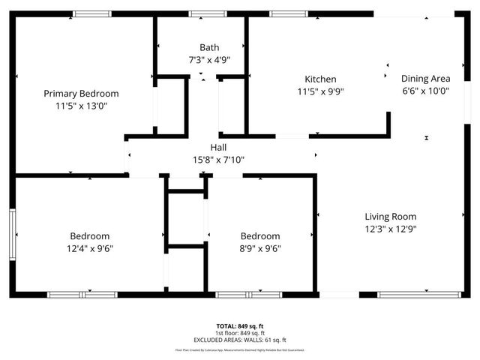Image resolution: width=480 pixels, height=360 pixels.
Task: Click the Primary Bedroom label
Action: pos(81,94)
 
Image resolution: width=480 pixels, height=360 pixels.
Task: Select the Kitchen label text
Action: pos(320,79)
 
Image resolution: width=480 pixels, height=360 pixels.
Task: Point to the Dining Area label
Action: pos(425,79)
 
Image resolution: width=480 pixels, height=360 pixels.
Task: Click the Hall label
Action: pos(218,147)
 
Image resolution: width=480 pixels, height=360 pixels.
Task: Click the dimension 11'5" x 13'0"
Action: pos(81,106)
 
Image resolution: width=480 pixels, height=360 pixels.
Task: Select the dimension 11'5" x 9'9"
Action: pos(320,92)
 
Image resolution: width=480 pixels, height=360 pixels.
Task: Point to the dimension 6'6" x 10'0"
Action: pos(425,91)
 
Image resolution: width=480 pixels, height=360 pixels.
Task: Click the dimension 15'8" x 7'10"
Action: pos(218,160)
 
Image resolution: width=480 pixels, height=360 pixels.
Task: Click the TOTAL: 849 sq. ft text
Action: pos(240,326)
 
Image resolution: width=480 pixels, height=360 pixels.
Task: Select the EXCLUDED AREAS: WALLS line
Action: pos(240,340)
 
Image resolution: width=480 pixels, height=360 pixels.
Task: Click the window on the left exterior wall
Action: pos(12,234)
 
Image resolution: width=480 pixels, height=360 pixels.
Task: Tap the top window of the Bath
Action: pos(208,13)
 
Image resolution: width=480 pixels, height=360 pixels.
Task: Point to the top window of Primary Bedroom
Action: pos(92,13)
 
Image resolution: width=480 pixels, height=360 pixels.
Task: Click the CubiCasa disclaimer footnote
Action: pos(240,349)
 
